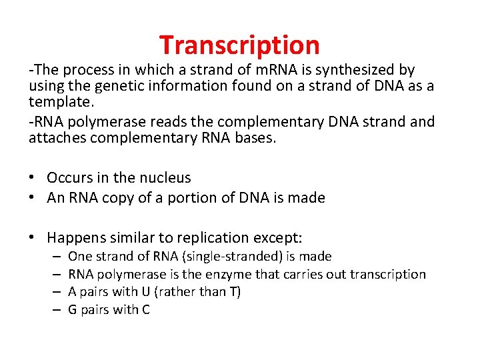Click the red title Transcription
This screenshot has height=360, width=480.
point(239,45)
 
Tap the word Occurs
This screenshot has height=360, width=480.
point(69,178)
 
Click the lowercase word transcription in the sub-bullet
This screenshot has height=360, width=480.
point(387,274)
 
